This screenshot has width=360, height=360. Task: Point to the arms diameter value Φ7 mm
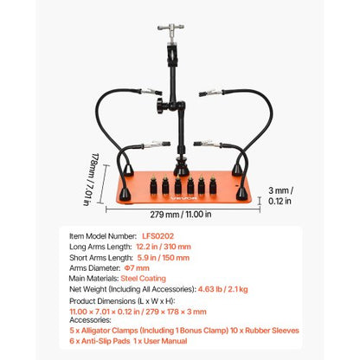coord(150,267)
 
